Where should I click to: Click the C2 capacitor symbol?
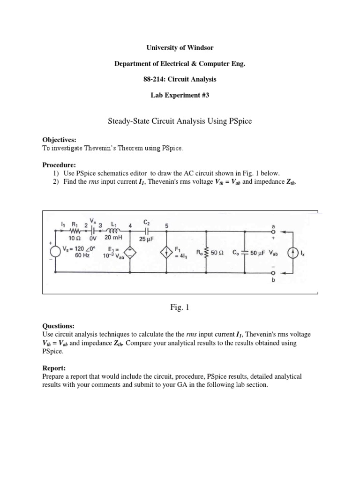pyautogui.click(x=146, y=231)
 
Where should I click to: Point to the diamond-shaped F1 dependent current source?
pyautogui.click(x=167, y=251)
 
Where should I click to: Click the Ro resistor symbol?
pyautogui.click(x=207, y=252)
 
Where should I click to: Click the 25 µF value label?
pyautogui.click(x=147, y=239)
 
